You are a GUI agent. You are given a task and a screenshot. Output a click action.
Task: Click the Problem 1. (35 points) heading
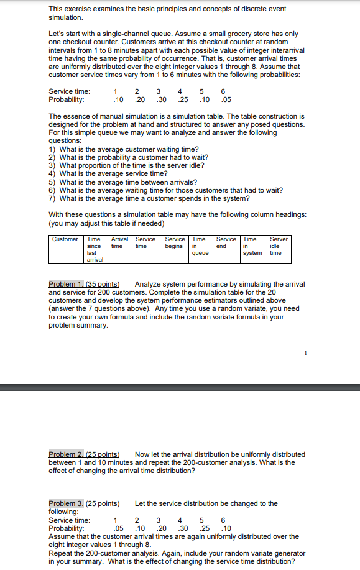(x=84, y=284)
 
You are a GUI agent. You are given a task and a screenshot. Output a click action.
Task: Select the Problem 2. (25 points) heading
(x=84, y=454)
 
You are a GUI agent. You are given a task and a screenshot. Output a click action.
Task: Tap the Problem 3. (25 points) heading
(x=84, y=503)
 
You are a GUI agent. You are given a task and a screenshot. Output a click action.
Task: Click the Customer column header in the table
(x=65, y=239)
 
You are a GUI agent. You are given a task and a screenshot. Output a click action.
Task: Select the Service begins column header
(x=175, y=242)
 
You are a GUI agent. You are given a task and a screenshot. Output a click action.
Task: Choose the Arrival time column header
(x=119, y=242)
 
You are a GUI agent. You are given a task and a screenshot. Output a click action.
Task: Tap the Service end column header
(x=226, y=242)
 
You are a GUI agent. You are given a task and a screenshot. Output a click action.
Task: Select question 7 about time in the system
(x=149, y=198)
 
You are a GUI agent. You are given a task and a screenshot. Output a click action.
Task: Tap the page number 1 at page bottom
(x=307, y=352)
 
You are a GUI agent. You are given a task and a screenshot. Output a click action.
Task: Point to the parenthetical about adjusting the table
(x=106, y=223)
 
